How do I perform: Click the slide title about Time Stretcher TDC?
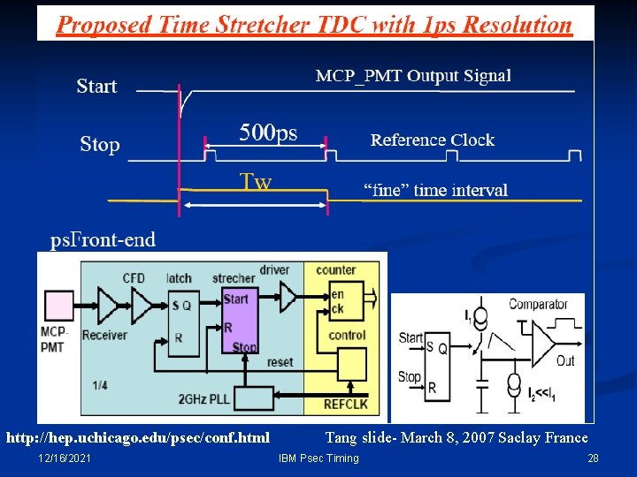(314, 24)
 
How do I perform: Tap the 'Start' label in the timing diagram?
(96, 86)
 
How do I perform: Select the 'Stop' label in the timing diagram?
(100, 144)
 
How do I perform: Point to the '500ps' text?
(269, 133)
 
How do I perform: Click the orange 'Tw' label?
(257, 182)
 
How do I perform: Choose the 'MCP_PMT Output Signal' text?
(413, 75)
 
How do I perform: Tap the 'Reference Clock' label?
(432, 140)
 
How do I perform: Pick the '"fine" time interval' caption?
(436, 190)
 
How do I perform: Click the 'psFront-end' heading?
(103, 238)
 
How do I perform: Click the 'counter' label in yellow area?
(335, 269)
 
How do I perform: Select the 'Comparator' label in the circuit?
(538, 304)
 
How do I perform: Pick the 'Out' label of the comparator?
(565, 360)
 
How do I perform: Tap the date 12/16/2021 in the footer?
(64, 458)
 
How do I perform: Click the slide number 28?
(593, 458)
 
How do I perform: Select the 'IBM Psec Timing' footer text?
(318, 458)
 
